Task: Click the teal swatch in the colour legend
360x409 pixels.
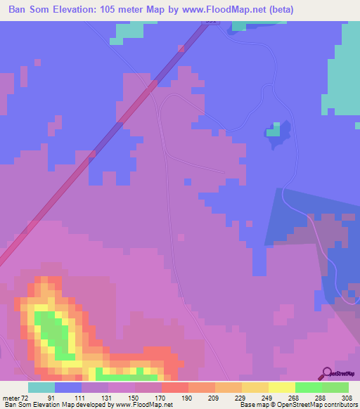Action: [41, 387]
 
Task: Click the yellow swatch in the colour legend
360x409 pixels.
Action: [281, 387]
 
